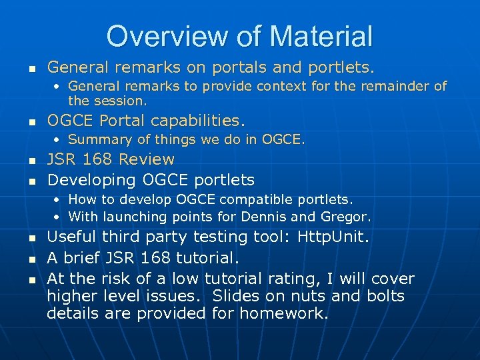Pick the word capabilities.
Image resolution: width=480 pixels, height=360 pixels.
tap(197, 121)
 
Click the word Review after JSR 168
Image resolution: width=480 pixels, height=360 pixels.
tap(147, 159)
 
